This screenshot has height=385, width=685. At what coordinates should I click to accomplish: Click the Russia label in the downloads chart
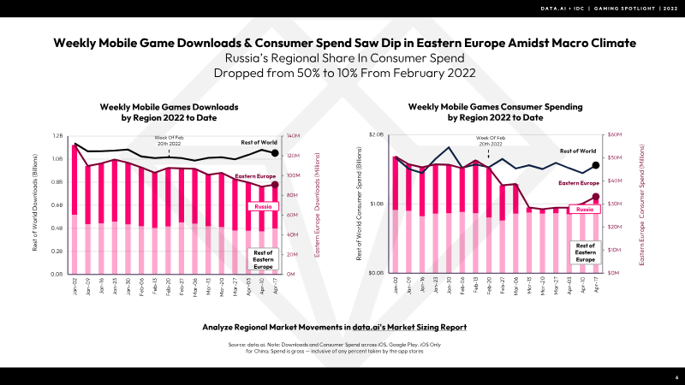(263, 206)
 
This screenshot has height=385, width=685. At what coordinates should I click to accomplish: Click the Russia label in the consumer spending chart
(584, 209)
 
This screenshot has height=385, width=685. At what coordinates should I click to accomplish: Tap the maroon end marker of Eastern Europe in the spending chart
(596, 197)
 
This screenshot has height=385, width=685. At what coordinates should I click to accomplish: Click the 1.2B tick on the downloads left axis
(57, 136)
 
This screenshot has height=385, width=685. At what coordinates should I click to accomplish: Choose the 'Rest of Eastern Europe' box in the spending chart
(586, 251)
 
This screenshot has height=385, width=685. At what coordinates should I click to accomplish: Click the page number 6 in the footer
(676, 376)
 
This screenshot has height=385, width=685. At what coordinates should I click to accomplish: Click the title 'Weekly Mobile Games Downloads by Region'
(169, 111)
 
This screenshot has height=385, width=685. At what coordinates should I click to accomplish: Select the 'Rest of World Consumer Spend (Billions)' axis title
(360, 205)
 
